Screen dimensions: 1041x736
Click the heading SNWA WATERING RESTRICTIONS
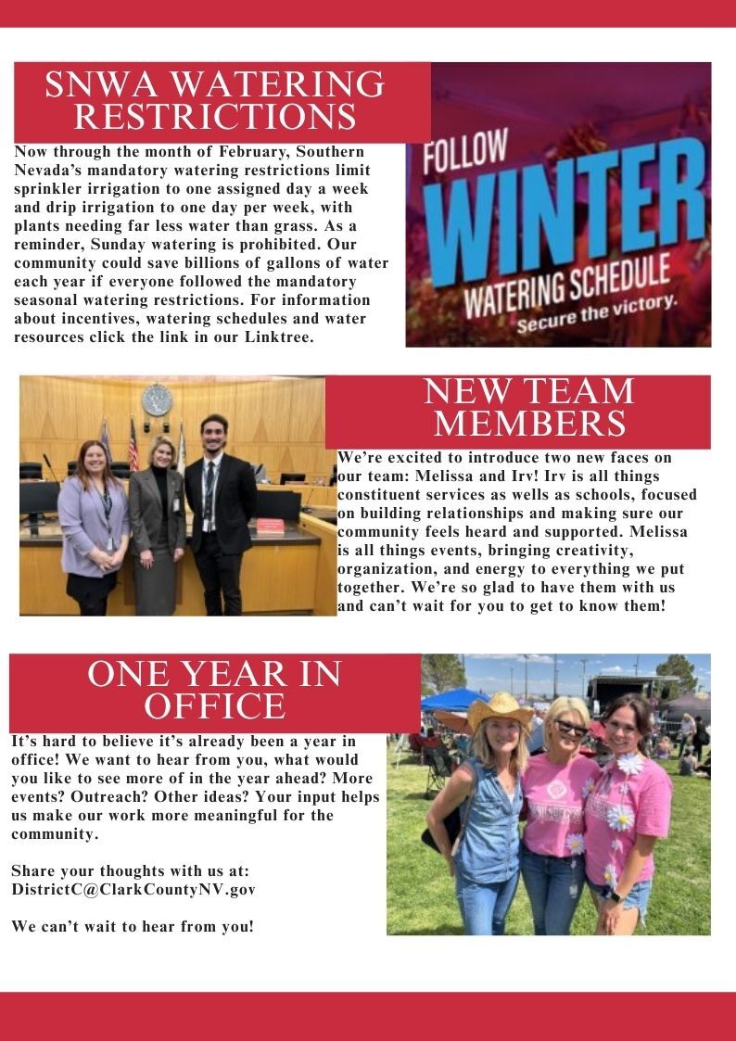click(215, 100)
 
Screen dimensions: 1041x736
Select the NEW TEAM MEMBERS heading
click(529, 407)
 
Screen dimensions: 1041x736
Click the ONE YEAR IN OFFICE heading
click(214, 690)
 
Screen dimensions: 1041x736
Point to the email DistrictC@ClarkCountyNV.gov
click(133, 889)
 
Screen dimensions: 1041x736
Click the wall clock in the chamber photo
click(157, 400)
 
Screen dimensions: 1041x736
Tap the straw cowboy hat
click(499, 710)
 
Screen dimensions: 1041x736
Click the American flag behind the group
click(133, 446)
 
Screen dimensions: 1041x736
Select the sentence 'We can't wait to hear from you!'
click(133, 926)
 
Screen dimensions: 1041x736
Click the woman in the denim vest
click(485, 816)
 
